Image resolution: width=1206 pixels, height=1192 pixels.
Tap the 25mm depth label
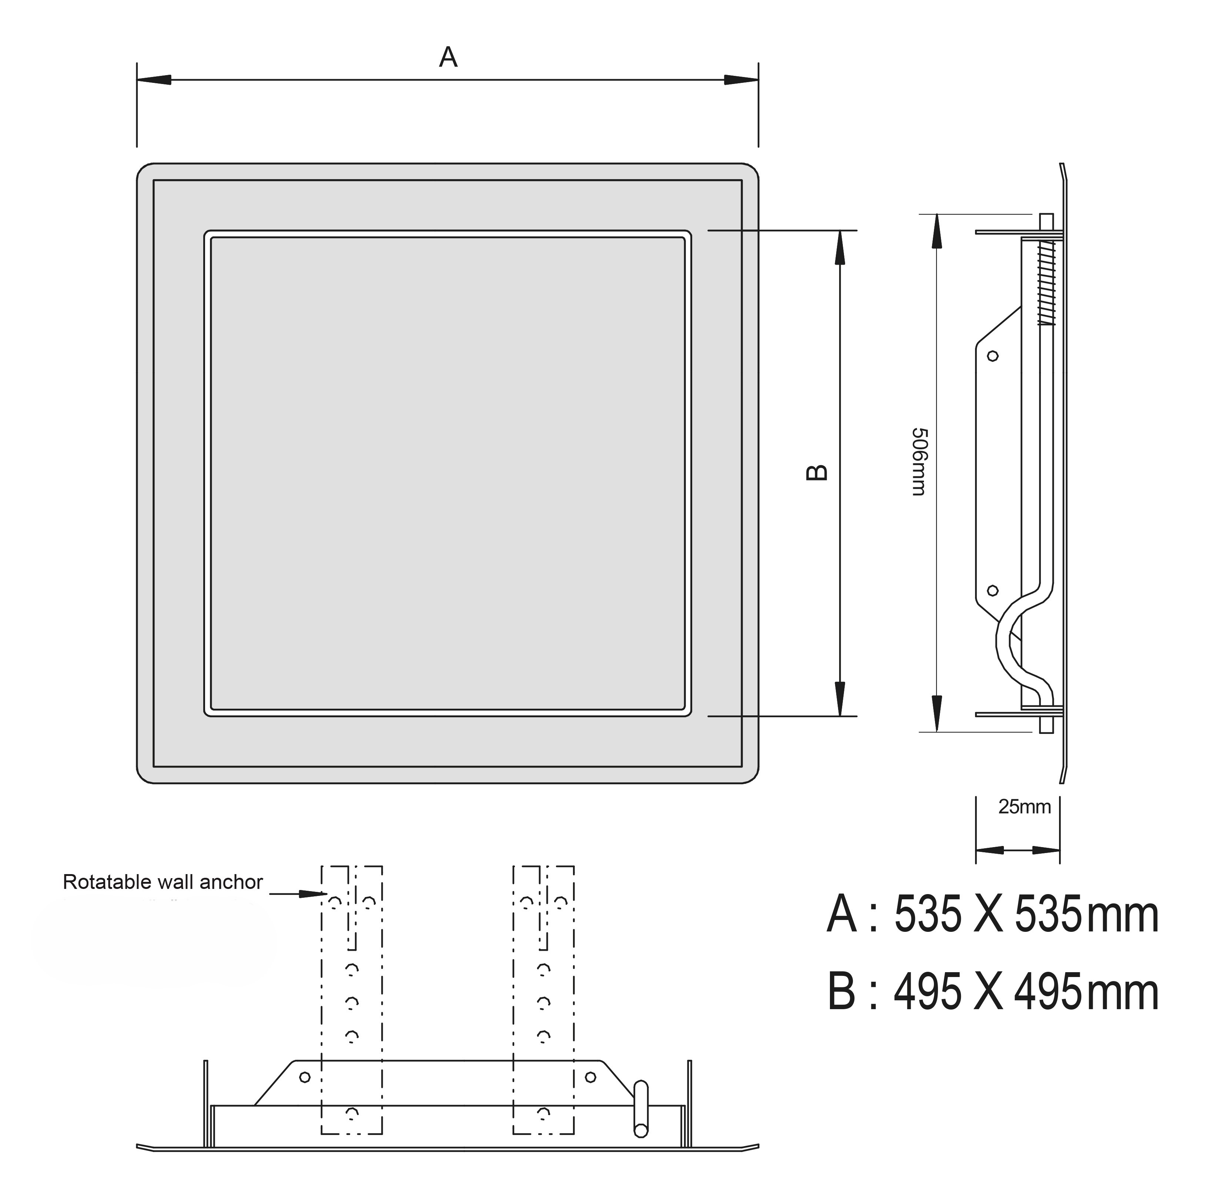pos(1024,807)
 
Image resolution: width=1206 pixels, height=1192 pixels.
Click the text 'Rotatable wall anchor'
pos(163,882)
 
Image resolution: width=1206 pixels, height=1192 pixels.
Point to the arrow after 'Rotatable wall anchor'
pos(298,894)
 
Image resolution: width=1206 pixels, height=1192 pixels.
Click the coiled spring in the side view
pos(1046,283)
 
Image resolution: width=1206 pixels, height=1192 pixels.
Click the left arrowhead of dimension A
pos(154,80)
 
